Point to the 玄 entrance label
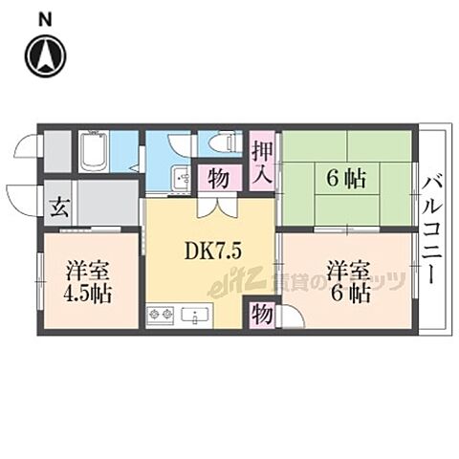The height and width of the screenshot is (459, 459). pyautogui.click(x=58, y=204)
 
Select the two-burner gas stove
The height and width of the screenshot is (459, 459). pyautogui.click(x=159, y=314)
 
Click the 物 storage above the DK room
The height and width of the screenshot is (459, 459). pyautogui.click(x=218, y=179)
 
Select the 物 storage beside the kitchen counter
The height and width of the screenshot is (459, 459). pyautogui.click(x=260, y=314)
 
